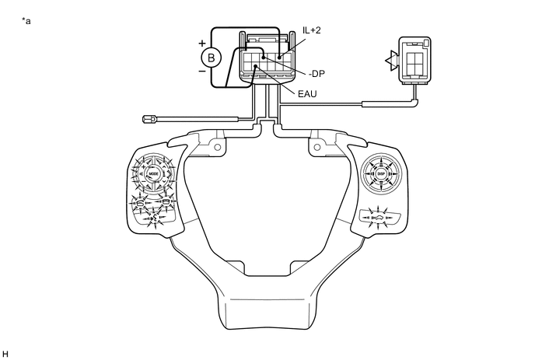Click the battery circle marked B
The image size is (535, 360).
click(x=209, y=57)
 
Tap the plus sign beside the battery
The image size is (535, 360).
click(x=201, y=43)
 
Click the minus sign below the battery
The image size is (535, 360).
click(x=201, y=70)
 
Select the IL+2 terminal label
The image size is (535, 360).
click(x=311, y=30)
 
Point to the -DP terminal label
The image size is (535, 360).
click(x=316, y=75)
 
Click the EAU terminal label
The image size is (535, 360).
click(x=308, y=94)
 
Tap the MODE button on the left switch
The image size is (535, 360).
click(x=153, y=174)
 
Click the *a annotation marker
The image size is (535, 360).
click(x=27, y=20)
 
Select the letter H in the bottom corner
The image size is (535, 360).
click(x=5, y=354)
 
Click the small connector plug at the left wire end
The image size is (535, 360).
click(x=150, y=119)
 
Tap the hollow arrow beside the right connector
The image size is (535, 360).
click(x=390, y=58)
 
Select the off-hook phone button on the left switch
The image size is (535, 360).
click(x=140, y=205)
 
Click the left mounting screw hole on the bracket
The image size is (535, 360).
click(x=217, y=148)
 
